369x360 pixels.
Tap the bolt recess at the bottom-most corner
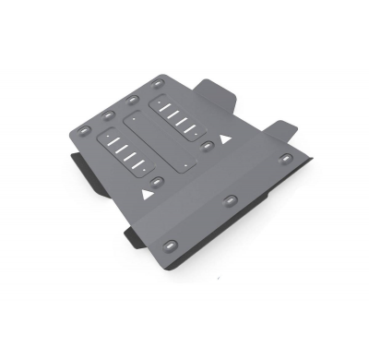pyautogui.click(x=171, y=246)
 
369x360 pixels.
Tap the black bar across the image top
pyautogui.click(x=184, y=23)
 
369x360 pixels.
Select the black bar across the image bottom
pyautogui.click(x=184, y=334)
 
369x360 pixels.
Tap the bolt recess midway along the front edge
pyautogui.click(x=228, y=200)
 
